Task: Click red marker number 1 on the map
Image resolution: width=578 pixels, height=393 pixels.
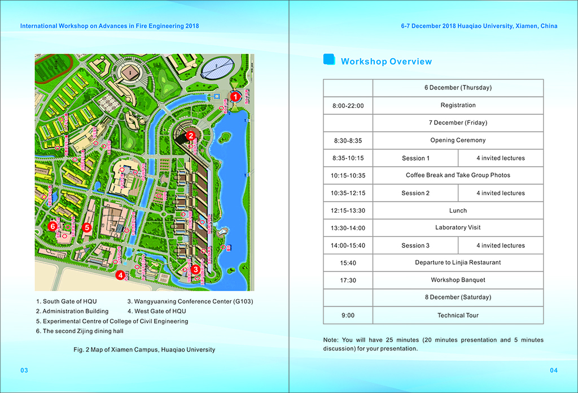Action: pos(235,97)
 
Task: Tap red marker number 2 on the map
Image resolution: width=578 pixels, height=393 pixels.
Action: pos(191,136)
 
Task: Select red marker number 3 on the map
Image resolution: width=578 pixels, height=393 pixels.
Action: pos(195,270)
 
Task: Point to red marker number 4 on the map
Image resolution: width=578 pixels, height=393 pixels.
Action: pos(120,275)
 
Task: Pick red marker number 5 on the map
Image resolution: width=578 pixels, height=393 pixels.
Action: pos(86,227)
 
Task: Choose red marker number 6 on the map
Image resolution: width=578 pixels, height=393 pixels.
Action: pos(52,226)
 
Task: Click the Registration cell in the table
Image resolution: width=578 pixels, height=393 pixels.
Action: pos(458,105)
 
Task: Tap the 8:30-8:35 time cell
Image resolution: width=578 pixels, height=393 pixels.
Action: pos(348,140)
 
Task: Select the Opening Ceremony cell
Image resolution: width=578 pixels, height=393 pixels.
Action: pos(458,140)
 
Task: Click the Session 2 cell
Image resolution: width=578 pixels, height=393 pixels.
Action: pos(415,193)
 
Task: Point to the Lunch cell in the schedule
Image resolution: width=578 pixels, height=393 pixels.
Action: pos(458,210)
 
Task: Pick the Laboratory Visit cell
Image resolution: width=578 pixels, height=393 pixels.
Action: pos(458,228)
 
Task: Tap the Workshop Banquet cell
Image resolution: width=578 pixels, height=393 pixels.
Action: pos(458,280)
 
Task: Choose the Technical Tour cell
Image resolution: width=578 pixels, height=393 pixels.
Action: pos(458,316)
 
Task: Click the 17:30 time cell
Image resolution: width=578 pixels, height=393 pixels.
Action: pos(348,280)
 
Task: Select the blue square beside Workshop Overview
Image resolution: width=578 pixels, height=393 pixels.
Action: pos(328,60)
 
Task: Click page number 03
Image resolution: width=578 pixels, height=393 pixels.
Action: pos(24,370)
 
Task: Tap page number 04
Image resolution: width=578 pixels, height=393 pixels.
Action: pos(553,370)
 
